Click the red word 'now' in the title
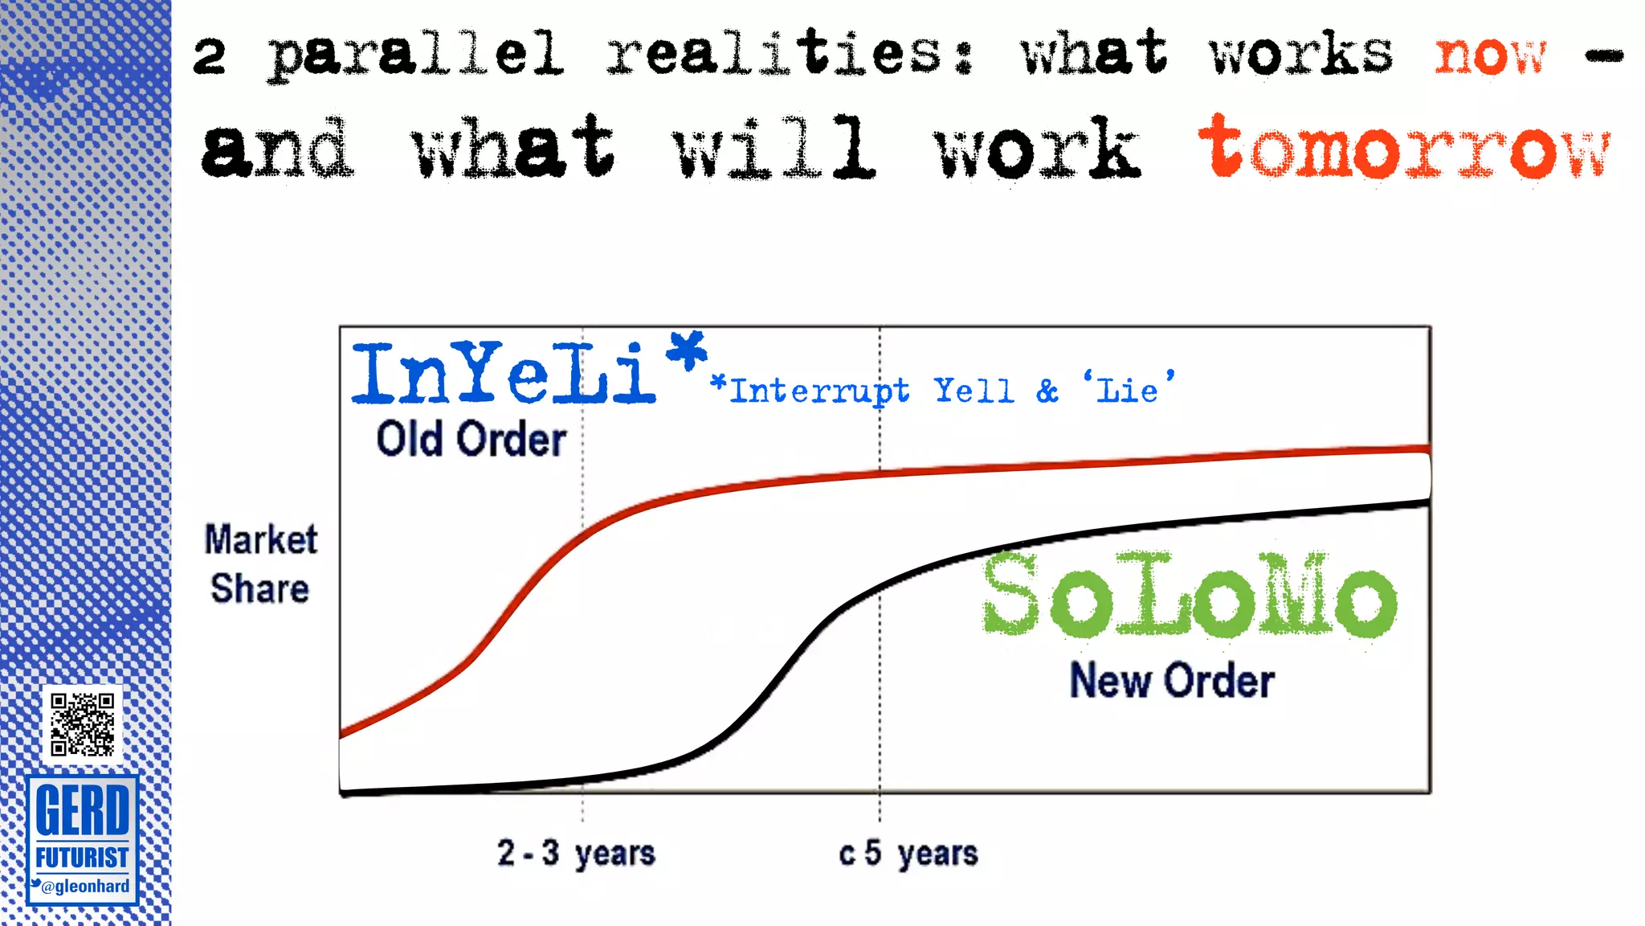1491,56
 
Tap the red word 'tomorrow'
1404,149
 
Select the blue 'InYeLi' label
504,373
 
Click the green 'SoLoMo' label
1189,596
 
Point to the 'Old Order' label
471,440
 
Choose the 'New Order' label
1172,681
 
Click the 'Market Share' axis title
261,563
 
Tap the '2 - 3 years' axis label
576,853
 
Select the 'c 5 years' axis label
908,853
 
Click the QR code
82,724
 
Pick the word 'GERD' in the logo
82,810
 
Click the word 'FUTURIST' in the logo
82,858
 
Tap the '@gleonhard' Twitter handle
85,887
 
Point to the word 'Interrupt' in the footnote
820,391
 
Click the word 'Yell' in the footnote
974,391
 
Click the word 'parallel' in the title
415,55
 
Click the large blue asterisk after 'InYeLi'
688,350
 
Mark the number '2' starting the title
210,56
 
